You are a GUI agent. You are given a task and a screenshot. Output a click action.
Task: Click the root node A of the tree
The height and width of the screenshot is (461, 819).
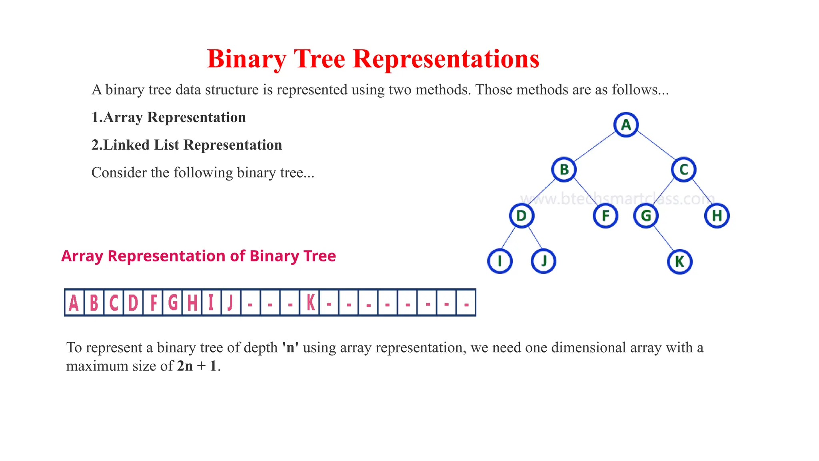click(x=626, y=125)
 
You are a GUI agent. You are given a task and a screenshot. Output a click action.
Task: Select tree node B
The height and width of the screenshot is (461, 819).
click(x=564, y=170)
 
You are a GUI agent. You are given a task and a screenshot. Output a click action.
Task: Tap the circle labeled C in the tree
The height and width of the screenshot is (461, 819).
click(x=684, y=170)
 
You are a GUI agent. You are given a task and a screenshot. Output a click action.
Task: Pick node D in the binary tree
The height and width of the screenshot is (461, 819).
click(x=521, y=216)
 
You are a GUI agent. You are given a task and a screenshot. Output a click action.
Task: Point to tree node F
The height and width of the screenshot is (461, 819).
click(x=605, y=216)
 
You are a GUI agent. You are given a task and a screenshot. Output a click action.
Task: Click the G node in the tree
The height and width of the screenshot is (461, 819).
click(x=646, y=216)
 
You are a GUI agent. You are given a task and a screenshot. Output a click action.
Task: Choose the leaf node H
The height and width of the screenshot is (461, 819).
click(x=717, y=216)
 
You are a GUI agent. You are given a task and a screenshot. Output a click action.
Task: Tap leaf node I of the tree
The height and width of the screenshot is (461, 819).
click(x=500, y=261)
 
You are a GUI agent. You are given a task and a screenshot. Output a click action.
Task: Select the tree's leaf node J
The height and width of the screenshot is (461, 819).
click(x=543, y=261)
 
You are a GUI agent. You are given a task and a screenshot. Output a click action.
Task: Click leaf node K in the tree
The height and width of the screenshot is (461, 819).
click(x=679, y=262)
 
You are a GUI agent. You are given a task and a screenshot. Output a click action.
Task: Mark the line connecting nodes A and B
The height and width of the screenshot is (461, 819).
click(x=595, y=147)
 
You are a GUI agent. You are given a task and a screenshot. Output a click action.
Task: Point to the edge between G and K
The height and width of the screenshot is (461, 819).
click(x=663, y=239)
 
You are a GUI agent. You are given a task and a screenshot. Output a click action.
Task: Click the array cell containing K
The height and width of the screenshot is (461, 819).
click(x=310, y=303)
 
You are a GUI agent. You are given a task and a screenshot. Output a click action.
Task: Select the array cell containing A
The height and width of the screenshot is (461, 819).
click(x=74, y=303)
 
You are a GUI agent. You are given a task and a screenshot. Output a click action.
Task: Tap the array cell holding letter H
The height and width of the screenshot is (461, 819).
click(x=192, y=303)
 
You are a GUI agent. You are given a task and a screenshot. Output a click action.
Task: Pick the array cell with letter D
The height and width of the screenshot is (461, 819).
click(x=133, y=303)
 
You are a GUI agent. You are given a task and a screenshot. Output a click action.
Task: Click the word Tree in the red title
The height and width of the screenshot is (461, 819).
click(x=320, y=59)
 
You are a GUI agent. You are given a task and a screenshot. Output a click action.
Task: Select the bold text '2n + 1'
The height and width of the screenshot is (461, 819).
click(x=197, y=366)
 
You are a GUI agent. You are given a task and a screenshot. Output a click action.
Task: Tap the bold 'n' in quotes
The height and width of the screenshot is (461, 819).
click(x=290, y=347)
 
